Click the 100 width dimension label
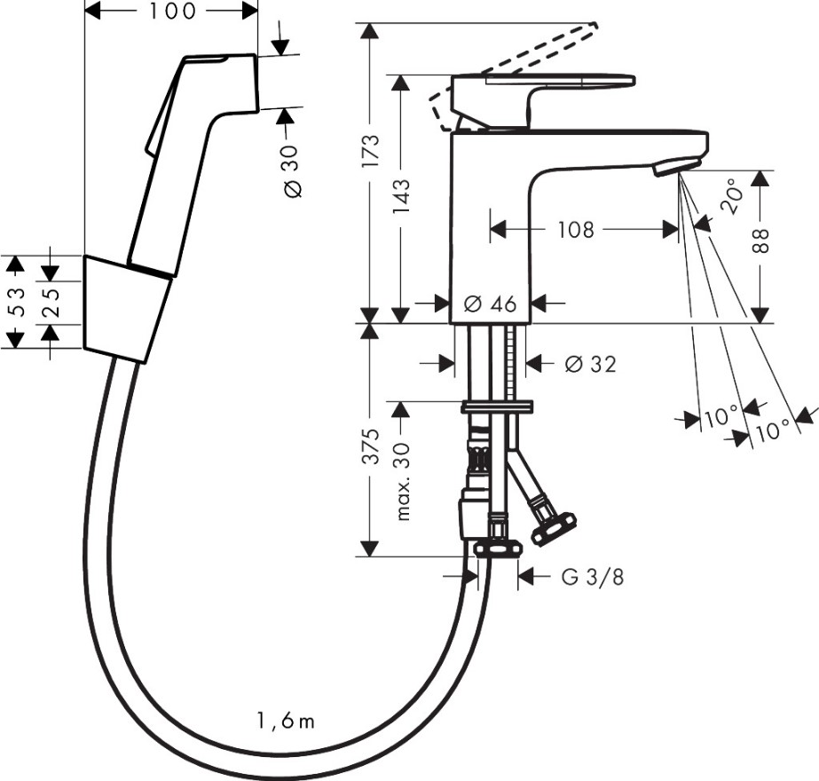coord(172,11)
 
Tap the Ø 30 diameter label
coord(293,171)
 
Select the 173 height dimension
coord(370,151)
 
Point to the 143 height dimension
coord(401,196)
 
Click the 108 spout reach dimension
coord(576,229)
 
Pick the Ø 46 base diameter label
coord(490,304)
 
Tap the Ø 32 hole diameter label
coord(591,364)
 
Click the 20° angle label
coord(731,195)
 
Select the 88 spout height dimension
coord(761,241)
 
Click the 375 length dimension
coord(370,446)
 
